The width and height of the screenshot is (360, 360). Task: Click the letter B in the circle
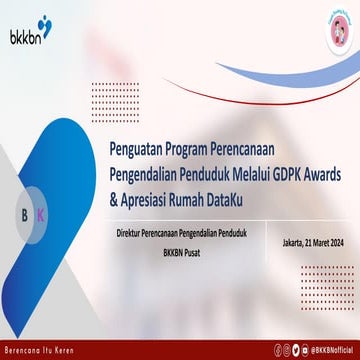[x=25, y=215]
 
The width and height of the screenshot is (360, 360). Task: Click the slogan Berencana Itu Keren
[x=40, y=347]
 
